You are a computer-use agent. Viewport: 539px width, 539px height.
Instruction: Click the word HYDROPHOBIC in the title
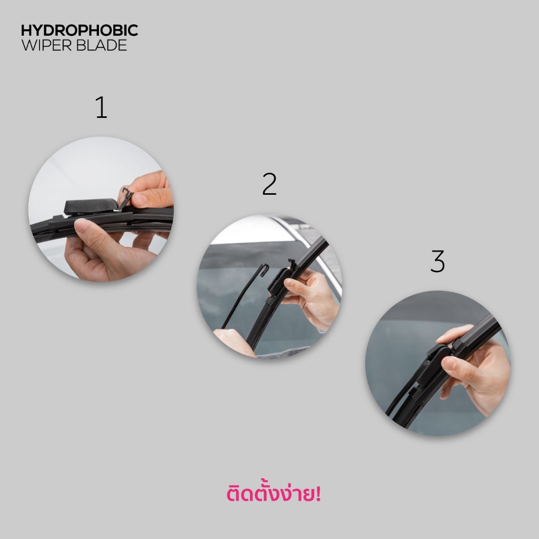(79, 30)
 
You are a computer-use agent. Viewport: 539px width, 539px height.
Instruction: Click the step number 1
(101, 107)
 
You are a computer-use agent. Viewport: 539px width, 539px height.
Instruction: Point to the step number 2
(269, 184)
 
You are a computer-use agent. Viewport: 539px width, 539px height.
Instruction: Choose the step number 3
(437, 262)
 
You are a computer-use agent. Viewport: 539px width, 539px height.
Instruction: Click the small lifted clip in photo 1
(125, 197)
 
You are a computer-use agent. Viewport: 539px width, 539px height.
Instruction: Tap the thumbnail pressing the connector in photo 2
(290, 285)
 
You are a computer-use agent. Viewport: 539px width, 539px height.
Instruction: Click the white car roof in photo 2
(247, 232)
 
